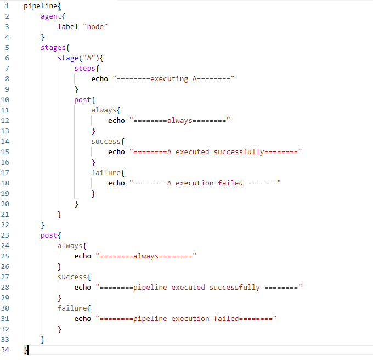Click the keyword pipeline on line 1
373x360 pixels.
tap(41, 6)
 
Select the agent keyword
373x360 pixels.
tap(51, 16)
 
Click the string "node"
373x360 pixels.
tap(95, 26)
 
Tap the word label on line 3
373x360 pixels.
tap(68, 26)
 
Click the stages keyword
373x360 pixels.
tap(53, 48)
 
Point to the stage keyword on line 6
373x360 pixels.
tap(68, 58)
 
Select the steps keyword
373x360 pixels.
tap(84, 69)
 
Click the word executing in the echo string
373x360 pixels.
tap(169, 79)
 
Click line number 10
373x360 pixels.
tap(5, 100)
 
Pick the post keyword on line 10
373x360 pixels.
tap(82, 100)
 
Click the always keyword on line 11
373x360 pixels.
tap(104, 110)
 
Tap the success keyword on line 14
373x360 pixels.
tap(106, 142)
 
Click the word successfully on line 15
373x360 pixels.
tap(239, 152)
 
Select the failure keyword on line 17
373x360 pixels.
tap(106, 172)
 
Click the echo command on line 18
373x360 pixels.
tap(116, 183)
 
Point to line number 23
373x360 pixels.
tap(5, 235)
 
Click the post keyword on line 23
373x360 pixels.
tap(49, 235)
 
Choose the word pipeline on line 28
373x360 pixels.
tap(150, 288)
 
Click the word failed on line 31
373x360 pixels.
tap(226, 319)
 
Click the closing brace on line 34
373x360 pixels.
tap(25, 350)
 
